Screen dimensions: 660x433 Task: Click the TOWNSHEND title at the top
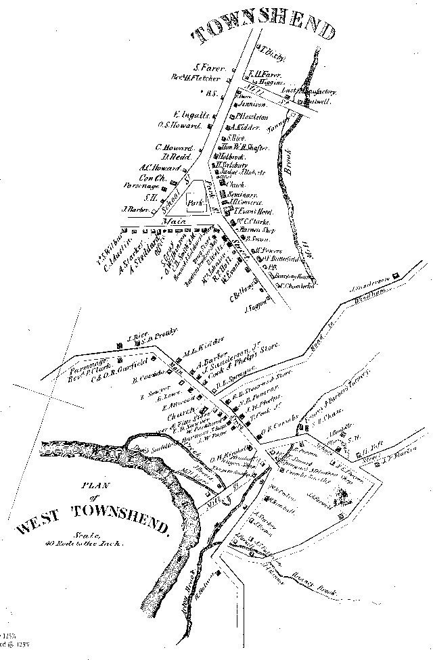click(265, 30)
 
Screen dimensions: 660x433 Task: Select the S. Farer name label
click(210, 68)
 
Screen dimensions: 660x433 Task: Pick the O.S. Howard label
click(181, 125)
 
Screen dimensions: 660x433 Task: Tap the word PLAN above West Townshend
click(90, 485)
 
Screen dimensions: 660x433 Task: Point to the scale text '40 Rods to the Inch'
click(79, 543)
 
